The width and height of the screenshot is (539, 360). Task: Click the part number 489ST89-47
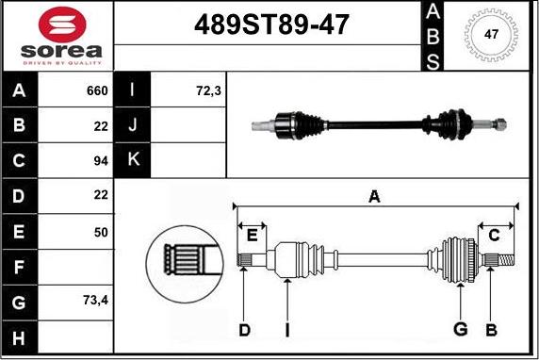(x=271, y=25)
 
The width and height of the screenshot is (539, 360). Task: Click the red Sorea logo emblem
(x=62, y=25)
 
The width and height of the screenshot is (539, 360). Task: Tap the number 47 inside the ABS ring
(x=491, y=34)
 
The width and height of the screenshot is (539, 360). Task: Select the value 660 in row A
(x=97, y=90)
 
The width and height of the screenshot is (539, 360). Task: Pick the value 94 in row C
(x=101, y=161)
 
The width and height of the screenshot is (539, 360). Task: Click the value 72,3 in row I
(x=208, y=91)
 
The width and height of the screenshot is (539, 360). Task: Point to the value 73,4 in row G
(x=95, y=301)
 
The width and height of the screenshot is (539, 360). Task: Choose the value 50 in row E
(x=101, y=233)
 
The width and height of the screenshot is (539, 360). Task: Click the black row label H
(x=19, y=338)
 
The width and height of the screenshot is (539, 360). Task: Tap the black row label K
(x=133, y=159)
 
